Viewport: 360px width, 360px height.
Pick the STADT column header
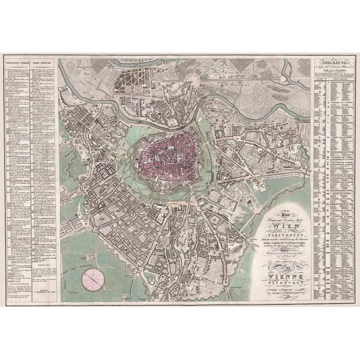(318, 79)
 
